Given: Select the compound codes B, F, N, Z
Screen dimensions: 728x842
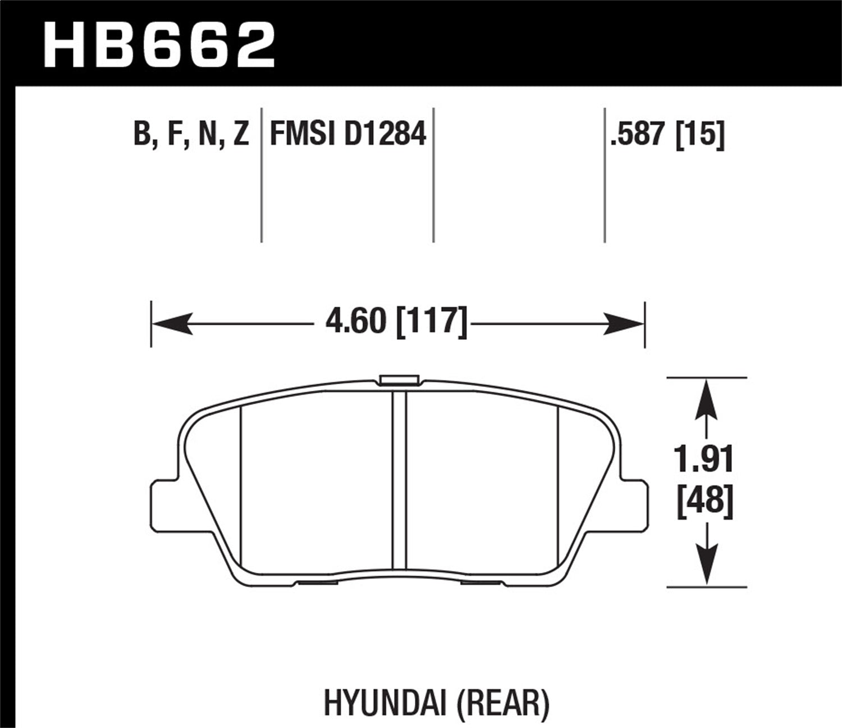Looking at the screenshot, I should click(x=191, y=135).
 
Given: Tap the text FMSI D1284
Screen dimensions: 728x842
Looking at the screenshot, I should click(x=348, y=135).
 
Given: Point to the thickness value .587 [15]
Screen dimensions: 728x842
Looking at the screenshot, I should click(x=667, y=135).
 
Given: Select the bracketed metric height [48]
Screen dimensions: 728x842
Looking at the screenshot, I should click(x=705, y=500).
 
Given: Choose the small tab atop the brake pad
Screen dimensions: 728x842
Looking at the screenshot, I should click(x=399, y=380).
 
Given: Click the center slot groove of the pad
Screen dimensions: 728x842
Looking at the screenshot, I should click(x=399, y=480).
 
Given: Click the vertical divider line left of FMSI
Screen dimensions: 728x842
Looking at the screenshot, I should click(x=262, y=174).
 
